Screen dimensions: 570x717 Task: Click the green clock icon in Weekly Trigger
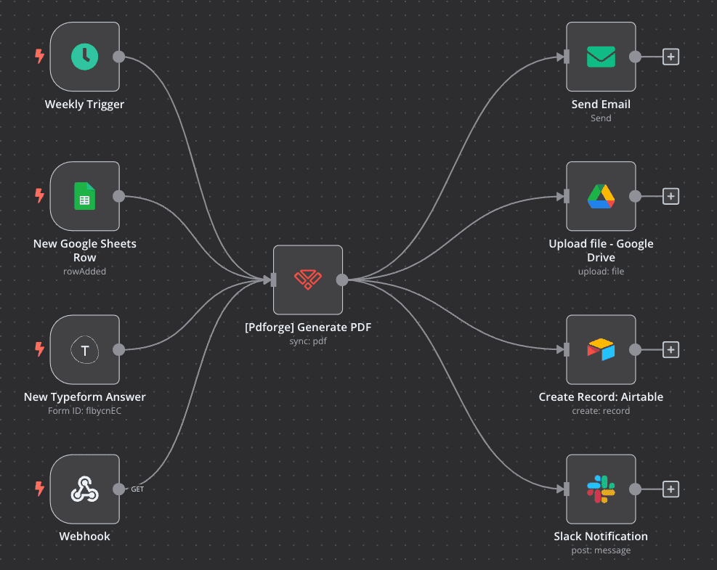click(85, 57)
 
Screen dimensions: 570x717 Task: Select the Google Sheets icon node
click(85, 196)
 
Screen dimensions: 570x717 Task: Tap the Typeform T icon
click(85, 350)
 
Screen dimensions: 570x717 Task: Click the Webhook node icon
click(85, 489)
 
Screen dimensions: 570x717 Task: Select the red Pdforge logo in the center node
click(307, 280)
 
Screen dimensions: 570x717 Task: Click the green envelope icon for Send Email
click(601, 57)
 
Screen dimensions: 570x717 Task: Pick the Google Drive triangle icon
click(601, 196)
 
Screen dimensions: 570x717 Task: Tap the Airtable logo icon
click(601, 350)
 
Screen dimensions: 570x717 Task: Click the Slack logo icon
click(601, 489)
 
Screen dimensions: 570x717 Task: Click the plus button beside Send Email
click(671, 57)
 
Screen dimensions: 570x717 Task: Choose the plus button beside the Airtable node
click(671, 350)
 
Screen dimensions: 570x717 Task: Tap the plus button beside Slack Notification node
click(671, 489)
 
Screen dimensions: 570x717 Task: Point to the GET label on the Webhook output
click(137, 489)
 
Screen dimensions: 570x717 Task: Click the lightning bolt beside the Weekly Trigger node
click(40, 57)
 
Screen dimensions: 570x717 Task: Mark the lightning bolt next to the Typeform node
click(40, 350)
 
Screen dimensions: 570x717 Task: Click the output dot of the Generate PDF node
click(341, 280)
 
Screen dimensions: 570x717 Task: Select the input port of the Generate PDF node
click(274, 280)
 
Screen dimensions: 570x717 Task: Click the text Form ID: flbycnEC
click(85, 411)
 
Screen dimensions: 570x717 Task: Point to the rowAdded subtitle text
click(85, 271)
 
